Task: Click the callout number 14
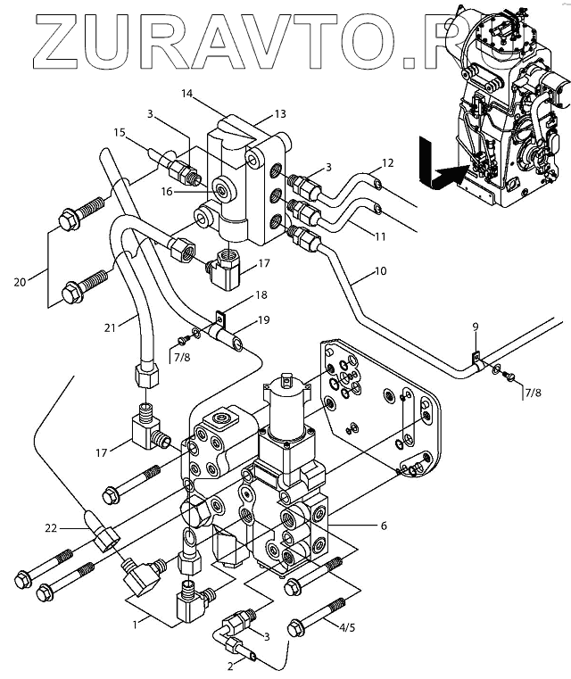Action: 186,94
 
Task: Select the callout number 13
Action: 280,114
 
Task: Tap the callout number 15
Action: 120,132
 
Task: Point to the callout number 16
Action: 167,191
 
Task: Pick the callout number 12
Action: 387,162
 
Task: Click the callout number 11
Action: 380,236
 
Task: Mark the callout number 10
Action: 380,271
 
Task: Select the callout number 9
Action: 476,327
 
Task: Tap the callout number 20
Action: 20,282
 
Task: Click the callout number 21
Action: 110,327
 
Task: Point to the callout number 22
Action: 51,528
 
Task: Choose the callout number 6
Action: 384,526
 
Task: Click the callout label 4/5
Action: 346,627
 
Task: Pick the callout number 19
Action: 263,320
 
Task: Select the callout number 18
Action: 261,295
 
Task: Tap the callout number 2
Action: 230,666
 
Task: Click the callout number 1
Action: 135,625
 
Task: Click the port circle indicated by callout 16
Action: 223,189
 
